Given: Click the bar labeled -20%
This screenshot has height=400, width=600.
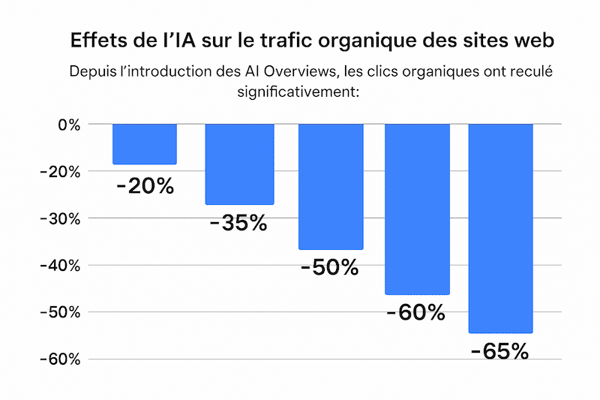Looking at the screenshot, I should tap(145, 144).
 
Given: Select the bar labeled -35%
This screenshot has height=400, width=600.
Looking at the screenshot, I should tap(239, 164).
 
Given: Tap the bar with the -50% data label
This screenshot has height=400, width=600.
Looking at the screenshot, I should tap(331, 187).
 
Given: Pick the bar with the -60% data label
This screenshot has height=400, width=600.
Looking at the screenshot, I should tap(417, 209).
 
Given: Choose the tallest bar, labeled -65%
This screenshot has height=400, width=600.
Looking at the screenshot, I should tap(500, 228).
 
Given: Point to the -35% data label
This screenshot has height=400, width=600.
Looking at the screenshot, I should tap(239, 223).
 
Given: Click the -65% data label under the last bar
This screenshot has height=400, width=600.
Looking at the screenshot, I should tap(500, 351).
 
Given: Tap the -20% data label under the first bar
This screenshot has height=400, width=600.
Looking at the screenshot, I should tap(145, 185).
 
